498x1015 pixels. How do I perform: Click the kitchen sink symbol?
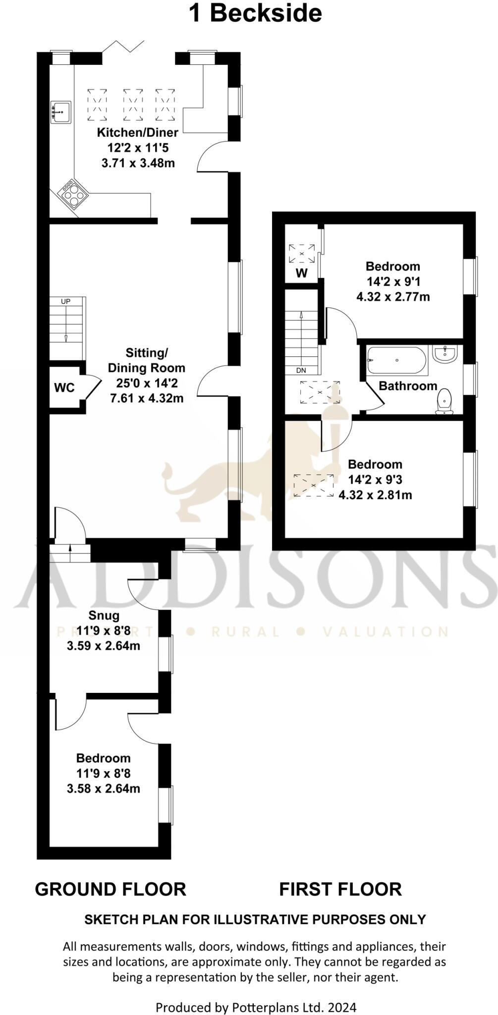(61, 113)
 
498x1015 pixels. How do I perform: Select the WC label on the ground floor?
(64, 388)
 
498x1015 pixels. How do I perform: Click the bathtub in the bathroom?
(396, 360)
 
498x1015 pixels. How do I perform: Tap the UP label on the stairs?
(65, 301)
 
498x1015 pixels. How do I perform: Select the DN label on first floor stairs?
(301, 370)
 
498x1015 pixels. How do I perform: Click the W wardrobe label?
(301, 273)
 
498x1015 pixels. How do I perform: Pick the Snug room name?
(104, 616)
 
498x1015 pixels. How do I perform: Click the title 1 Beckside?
(255, 13)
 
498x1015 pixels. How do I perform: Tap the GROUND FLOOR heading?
(111, 889)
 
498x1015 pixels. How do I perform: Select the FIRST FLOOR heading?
(340, 889)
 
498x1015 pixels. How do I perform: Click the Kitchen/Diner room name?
(137, 132)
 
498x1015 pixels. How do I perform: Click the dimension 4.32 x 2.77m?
(393, 297)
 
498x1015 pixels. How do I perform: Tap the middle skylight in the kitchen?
(133, 105)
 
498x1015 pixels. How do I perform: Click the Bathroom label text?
(408, 386)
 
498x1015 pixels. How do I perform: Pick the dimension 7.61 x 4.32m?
(147, 398)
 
